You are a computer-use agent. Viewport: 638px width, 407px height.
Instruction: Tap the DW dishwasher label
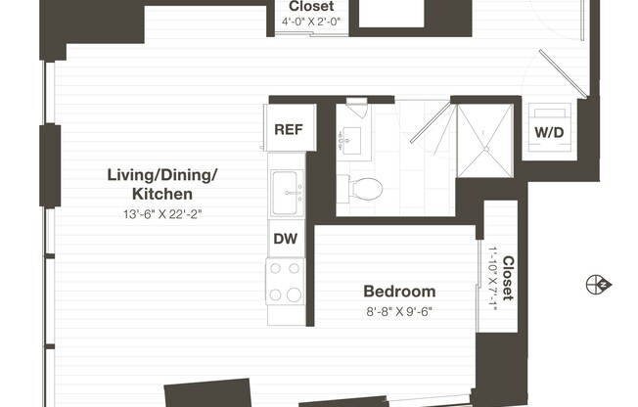coord(287,238)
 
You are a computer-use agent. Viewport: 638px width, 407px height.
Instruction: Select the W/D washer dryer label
coord(548,132)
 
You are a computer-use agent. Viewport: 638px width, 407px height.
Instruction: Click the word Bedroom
coord(398,292)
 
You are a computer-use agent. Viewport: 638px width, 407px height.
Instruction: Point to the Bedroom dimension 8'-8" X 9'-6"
coord(398,313)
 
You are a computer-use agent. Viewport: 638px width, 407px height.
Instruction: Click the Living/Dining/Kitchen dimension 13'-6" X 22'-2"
coord(161,213)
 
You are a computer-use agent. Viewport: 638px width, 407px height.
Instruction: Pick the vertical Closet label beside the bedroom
coord(508,278)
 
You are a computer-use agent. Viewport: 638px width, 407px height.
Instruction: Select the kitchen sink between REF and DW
coord(286,185)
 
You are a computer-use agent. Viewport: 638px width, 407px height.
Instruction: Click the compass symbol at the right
coord(598,285)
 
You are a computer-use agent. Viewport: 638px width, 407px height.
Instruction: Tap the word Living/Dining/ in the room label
coord(162,176)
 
